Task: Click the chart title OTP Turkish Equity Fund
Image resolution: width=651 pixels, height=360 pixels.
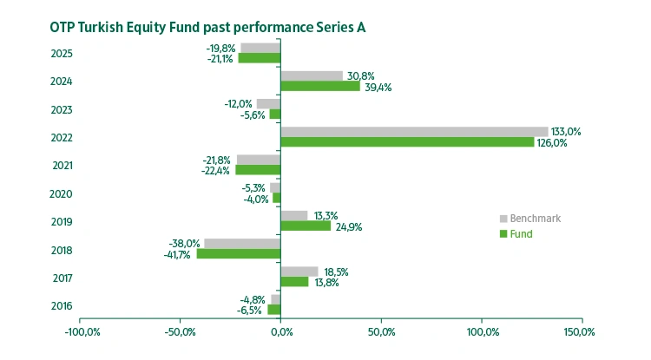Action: [207, 27]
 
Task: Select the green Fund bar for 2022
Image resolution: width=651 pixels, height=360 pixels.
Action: [407, 142]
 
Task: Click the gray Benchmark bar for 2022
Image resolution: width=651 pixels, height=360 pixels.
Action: [414, 132]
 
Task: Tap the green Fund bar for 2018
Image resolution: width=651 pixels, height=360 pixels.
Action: [239, 254]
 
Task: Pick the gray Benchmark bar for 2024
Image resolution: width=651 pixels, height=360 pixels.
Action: [312, 76]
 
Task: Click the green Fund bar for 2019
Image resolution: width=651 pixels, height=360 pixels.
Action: [306, 226]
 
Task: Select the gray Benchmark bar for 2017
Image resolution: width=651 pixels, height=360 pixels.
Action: [299, 272]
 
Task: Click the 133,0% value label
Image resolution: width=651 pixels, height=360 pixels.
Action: [566, 132]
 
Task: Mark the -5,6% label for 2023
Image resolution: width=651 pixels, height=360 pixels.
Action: [252, 115]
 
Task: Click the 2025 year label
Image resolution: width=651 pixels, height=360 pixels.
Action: [62, 54]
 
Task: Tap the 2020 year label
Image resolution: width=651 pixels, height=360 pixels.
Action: [62, 194]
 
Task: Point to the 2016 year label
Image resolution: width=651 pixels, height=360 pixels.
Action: [62, 306]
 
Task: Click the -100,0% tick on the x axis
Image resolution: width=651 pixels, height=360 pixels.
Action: [80, 331]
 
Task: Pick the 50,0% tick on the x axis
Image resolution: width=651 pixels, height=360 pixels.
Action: [381, 331]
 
